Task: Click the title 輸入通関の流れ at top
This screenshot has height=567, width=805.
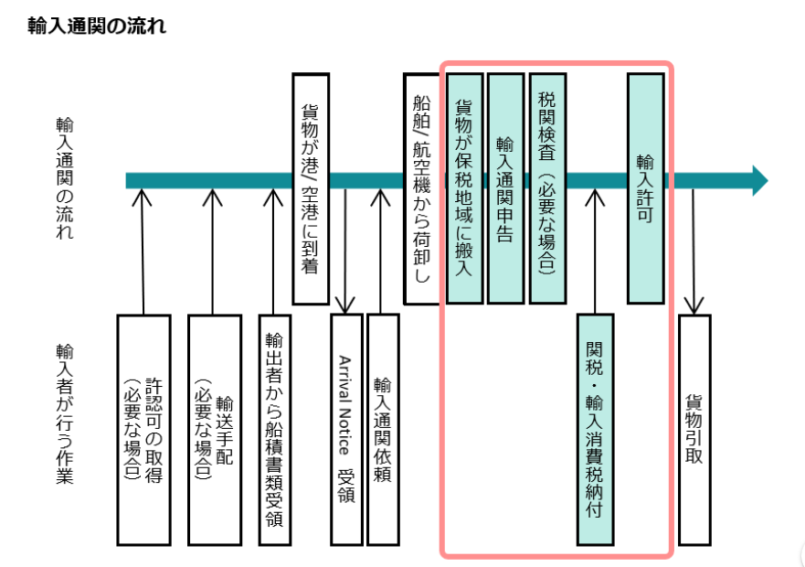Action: tap(97, 26)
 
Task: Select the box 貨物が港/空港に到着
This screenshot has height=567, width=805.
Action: tap(311, 188)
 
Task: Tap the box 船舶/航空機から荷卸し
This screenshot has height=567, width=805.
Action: tap(421, 188)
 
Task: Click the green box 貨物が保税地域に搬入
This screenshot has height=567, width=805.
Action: tap(464, 188)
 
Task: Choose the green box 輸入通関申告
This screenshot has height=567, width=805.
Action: tap(505, 188)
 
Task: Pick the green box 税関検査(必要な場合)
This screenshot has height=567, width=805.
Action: tap(547, 188)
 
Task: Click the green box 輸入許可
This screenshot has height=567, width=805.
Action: tap(645, 188)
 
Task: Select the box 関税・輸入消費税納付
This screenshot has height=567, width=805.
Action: tap(595, 430)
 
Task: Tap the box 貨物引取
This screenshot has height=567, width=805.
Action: tap(694, 430)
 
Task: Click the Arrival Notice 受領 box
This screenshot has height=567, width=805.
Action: tap(345, 430)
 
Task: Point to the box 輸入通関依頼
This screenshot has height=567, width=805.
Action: tap(383, 430)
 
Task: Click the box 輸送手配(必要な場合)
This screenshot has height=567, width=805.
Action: tap(214, 430)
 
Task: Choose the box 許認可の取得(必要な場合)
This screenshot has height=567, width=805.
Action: tap(144, 430)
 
